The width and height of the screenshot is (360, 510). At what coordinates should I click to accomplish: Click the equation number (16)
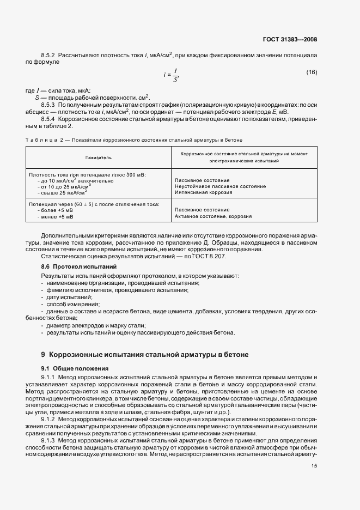[x=312, y=72]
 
